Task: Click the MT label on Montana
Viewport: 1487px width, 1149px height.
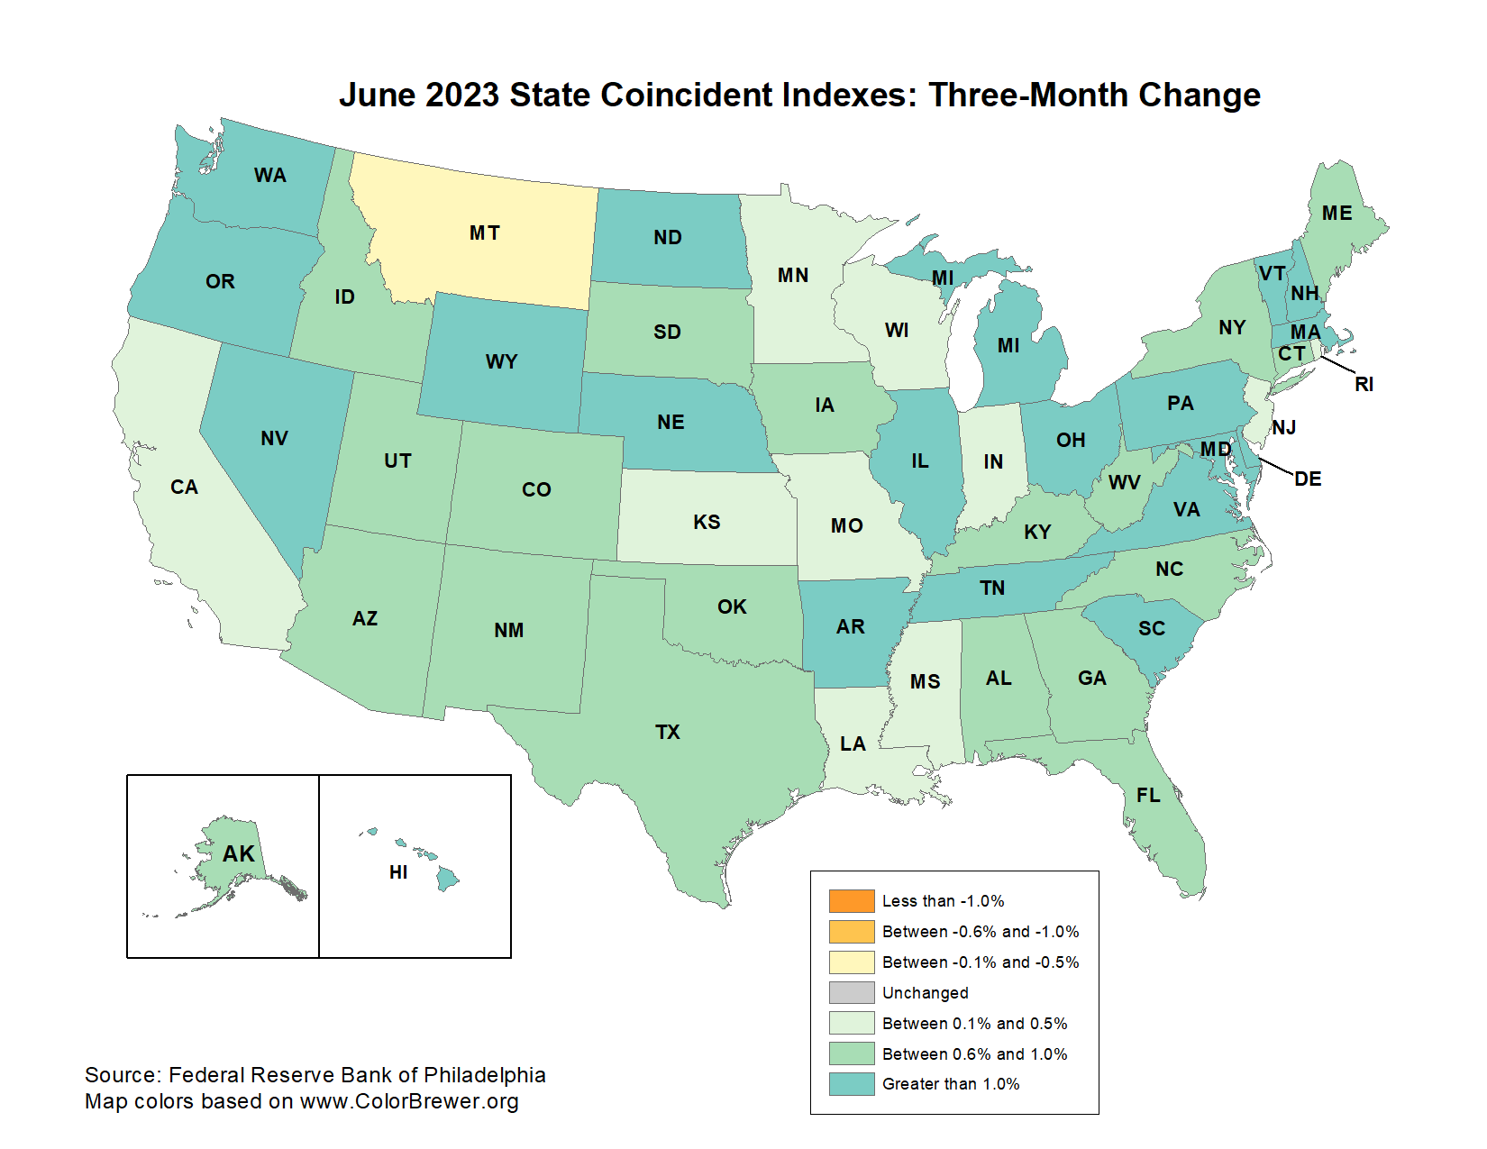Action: coord(484,233)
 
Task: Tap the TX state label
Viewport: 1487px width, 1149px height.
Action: coord(668,732)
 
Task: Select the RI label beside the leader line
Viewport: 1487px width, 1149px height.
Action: coord(1364,385)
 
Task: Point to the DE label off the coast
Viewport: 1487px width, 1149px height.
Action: coord(1308,479)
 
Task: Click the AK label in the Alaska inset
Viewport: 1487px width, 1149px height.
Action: coord(239,853)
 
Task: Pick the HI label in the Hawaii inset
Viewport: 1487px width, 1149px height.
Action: coord(398,872)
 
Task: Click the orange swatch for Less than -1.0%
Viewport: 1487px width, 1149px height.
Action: coord(852,901)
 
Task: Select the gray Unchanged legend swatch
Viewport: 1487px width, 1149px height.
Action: coord(852,992)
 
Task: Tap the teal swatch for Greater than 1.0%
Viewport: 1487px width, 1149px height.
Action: coord(852,1084)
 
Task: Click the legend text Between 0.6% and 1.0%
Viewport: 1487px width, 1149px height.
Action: coord(974,1053)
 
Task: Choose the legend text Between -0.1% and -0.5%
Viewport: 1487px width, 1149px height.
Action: coord(981,962)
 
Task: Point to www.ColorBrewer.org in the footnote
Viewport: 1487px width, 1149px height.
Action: coord(409,1101)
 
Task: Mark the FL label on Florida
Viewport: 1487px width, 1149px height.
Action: coord(1148,795)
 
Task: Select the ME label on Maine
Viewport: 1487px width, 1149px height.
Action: coord(1336,214)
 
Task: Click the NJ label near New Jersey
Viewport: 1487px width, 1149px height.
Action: coord(1284,427)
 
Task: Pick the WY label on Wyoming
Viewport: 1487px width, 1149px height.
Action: coord(501,362)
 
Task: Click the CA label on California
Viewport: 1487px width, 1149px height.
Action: coord(184,488)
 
